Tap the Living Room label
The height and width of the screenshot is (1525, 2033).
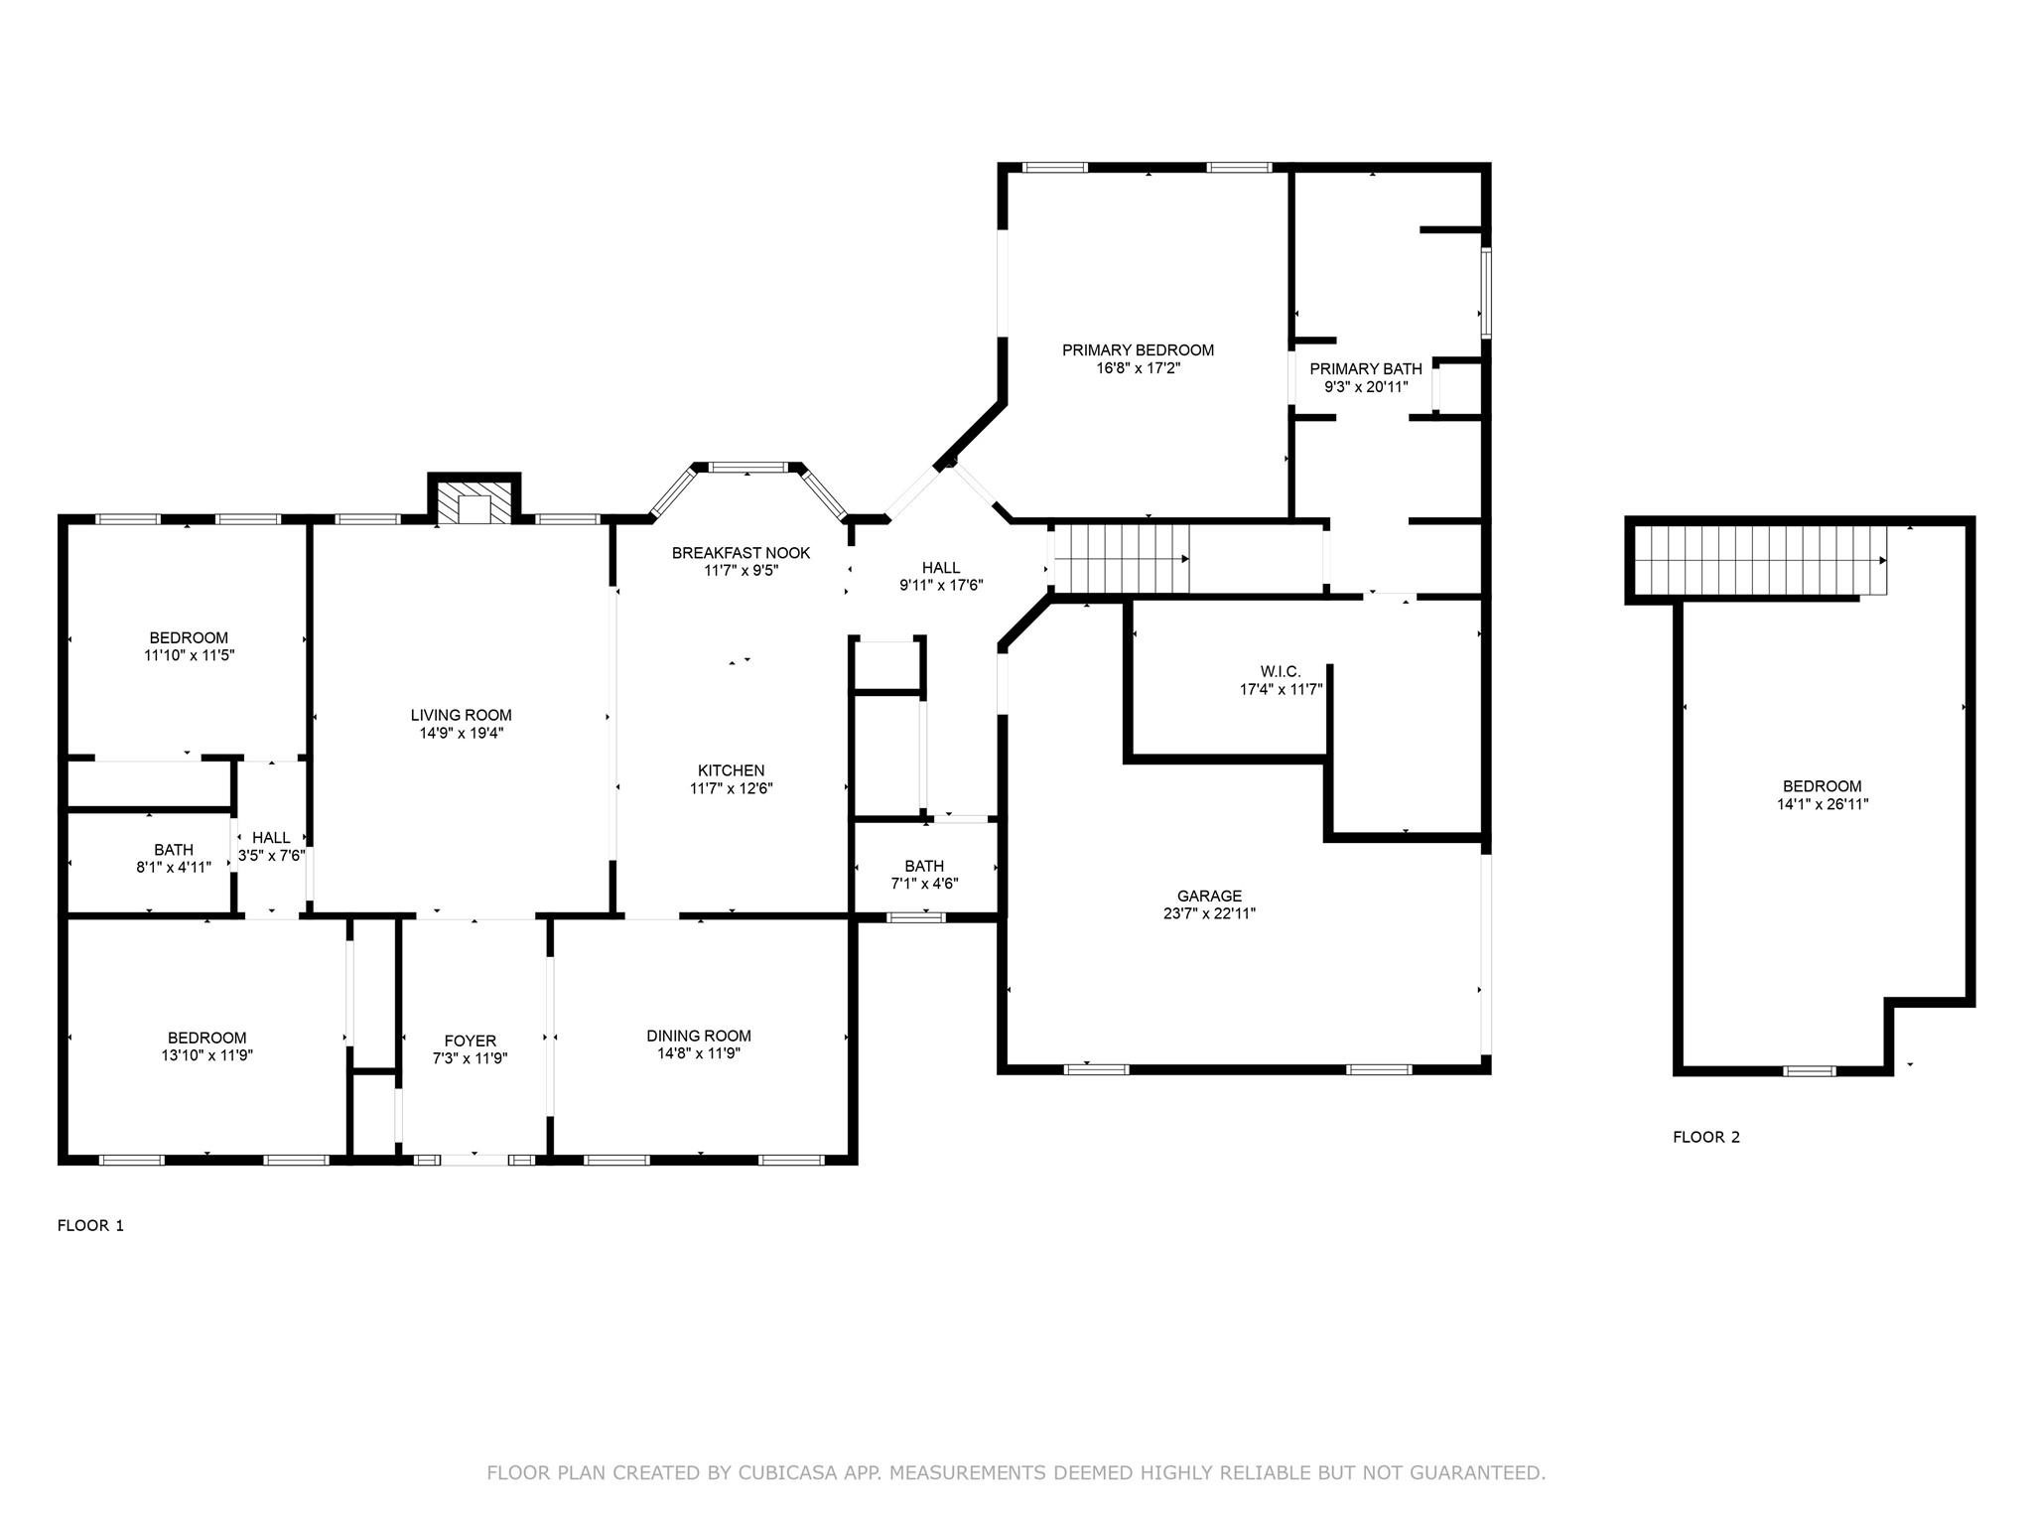pyautogui.click(x=462, y=715)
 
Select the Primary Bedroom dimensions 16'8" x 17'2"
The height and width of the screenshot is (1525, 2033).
pyautogui.click(x=1138, y=368)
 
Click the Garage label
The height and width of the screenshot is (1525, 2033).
pyautogui.click(x=1209, y=896)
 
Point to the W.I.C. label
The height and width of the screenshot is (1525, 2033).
pyautogui.click(x=1281, y=671)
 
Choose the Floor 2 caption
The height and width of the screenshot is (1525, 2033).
pyautogui.click(x=1706, y=1137)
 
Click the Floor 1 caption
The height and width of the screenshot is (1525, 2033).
pyautogui.click(x=90, y=1225)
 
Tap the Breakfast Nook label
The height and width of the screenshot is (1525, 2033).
pyautogui.click(x=741, y=553)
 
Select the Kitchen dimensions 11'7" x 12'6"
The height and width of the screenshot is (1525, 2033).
pyautogui.click(x=732, y=788)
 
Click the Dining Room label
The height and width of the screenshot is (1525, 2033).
pyautogui.click(x=699, y=1036)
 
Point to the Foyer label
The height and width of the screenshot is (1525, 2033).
pyautogui.click(x=471, y=1041)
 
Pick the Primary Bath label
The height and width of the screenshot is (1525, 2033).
pyautogui.click(x=1366, y=368)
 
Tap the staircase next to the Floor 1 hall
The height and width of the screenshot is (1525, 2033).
pyautogui.click(x=1121, y=559)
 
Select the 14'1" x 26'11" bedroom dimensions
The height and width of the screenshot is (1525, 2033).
pyautogui.click(x=1823, y=804)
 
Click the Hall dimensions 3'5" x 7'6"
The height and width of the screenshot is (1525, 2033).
pyautogui.click(x=271, y=856)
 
